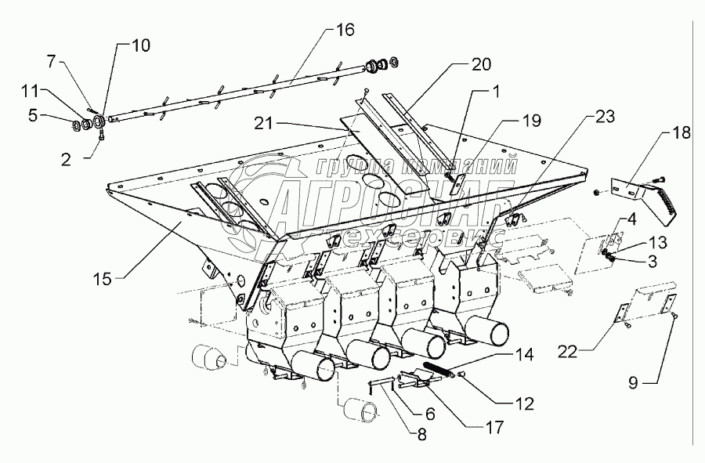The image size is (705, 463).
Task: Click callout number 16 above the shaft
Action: [x=345, y=31]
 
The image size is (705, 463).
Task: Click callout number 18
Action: [x=681, y=132]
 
